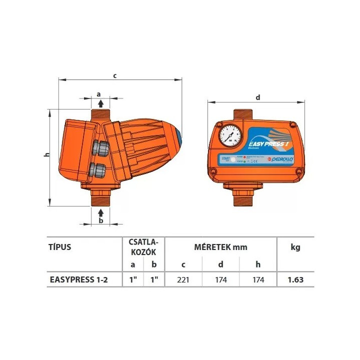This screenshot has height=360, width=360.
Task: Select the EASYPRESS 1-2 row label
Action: (x=78, y=280)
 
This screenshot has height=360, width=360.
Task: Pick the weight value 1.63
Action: (x=295, y=280)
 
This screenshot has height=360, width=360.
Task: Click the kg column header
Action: (x=295, y=247)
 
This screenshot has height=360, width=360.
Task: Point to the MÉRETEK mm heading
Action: (x=220, y=247)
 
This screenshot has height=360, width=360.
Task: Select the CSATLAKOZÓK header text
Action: (x=144, y=247)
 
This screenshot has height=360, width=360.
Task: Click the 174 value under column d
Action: (x=220, y=280)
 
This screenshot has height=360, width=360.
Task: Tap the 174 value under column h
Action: (x=258, y=280)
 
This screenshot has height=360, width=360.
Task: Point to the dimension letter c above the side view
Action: (x=115, y=75)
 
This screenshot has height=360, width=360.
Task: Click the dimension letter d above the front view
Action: (x=257, y=97)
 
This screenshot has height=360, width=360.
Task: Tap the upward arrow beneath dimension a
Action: (x=101, y=103)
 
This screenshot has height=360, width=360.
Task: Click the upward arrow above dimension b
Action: (x=101, y=212)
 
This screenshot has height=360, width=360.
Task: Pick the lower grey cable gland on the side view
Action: (x=98, y=168)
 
